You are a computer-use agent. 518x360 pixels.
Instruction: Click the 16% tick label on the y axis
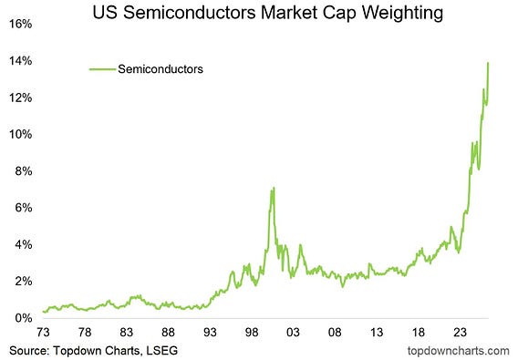20,24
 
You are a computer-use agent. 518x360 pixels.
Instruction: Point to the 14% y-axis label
20,61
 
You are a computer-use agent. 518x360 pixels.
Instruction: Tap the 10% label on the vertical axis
20,134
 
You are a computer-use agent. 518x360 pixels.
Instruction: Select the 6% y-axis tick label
24,208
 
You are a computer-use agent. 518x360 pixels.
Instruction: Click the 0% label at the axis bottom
24,318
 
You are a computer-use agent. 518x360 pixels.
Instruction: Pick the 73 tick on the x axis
43,333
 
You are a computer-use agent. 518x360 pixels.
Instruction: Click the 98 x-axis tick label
252,333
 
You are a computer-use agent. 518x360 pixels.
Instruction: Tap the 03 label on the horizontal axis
293,333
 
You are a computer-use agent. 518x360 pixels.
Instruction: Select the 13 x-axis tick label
377,333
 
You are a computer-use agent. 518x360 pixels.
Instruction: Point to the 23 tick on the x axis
460,333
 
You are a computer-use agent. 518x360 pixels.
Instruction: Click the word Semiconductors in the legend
161,69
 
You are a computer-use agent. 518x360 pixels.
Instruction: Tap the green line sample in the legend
102,69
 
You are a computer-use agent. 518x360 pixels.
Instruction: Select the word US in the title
105,13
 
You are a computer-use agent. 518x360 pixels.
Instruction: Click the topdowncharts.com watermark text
458,351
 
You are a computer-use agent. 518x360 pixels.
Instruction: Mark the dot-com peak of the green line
274,188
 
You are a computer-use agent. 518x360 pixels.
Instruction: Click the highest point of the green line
488,63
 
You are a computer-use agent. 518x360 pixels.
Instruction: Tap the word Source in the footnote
29,350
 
